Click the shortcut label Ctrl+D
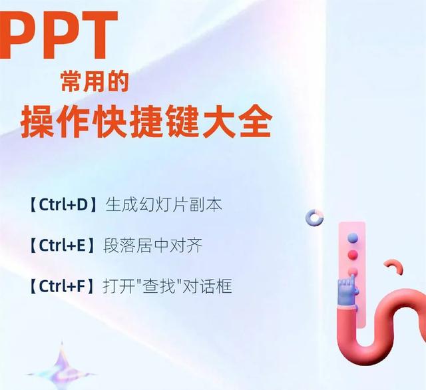pyautogui.click(x=63, y=205)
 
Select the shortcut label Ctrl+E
pyautogui.click(x=63, y=246)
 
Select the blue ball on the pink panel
pyautogui.click(x=353, y=237)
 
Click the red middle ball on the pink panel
pyautogui.click(x=353, y=254)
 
